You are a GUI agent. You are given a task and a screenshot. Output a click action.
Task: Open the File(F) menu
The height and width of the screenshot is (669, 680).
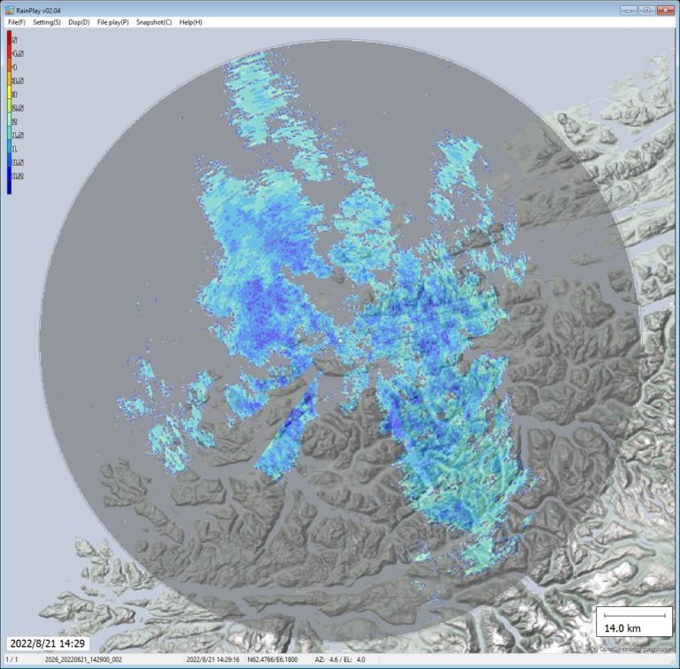point(16,21)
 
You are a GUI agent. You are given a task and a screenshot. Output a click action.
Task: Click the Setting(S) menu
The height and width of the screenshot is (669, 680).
point(47,21)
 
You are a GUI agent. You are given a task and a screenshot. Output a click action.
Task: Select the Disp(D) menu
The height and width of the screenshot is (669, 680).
point(80,21)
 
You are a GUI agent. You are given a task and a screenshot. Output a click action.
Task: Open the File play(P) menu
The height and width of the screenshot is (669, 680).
point(112,21)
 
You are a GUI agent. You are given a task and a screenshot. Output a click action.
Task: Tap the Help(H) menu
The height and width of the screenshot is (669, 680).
point(190,21)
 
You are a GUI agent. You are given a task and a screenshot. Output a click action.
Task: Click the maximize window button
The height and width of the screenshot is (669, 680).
point(646,9)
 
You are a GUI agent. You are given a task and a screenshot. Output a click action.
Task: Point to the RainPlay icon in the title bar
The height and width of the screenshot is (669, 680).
point(9,9)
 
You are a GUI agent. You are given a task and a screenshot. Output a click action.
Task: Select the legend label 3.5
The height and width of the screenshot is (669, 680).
point(17,80)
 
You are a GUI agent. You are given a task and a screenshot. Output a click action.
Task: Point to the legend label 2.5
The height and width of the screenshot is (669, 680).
point(17,106)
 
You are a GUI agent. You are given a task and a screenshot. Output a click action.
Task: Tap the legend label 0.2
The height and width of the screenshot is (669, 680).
point(17,176)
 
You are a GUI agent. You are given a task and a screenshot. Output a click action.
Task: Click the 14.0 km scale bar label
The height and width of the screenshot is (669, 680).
point(622,627)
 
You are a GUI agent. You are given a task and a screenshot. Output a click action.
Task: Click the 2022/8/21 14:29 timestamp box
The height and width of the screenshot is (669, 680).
point(48,642)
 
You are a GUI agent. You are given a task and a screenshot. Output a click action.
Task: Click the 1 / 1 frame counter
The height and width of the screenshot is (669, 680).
point(12,660)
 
